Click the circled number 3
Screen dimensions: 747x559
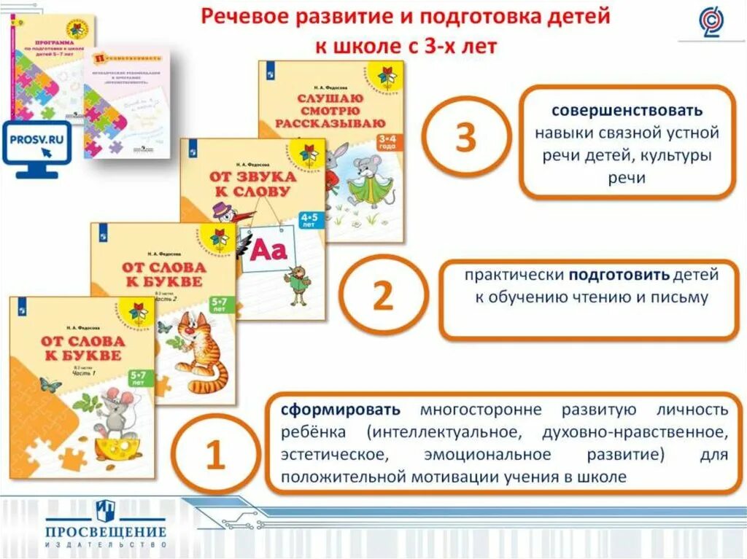[x=465, y=137]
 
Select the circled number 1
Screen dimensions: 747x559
[x=214, y=456]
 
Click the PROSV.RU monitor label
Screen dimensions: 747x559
[x=35, y=136]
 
